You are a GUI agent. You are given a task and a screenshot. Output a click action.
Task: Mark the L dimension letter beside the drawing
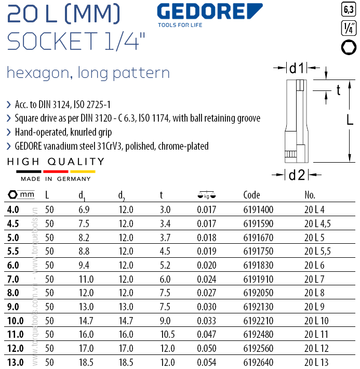click(350, 121)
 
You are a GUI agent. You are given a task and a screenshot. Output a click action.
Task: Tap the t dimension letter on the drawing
click(338, 90)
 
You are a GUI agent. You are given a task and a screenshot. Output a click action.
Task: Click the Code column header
click(251, 195)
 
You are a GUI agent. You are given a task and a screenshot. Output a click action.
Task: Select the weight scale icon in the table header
click(206, 195)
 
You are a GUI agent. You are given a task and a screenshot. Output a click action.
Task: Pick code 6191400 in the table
click(258, 210)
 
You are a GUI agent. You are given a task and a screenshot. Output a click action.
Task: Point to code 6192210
click(258, 321)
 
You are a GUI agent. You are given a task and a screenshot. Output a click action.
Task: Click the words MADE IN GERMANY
click(56, 179)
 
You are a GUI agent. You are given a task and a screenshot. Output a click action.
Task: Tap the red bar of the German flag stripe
click(56, 171)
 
